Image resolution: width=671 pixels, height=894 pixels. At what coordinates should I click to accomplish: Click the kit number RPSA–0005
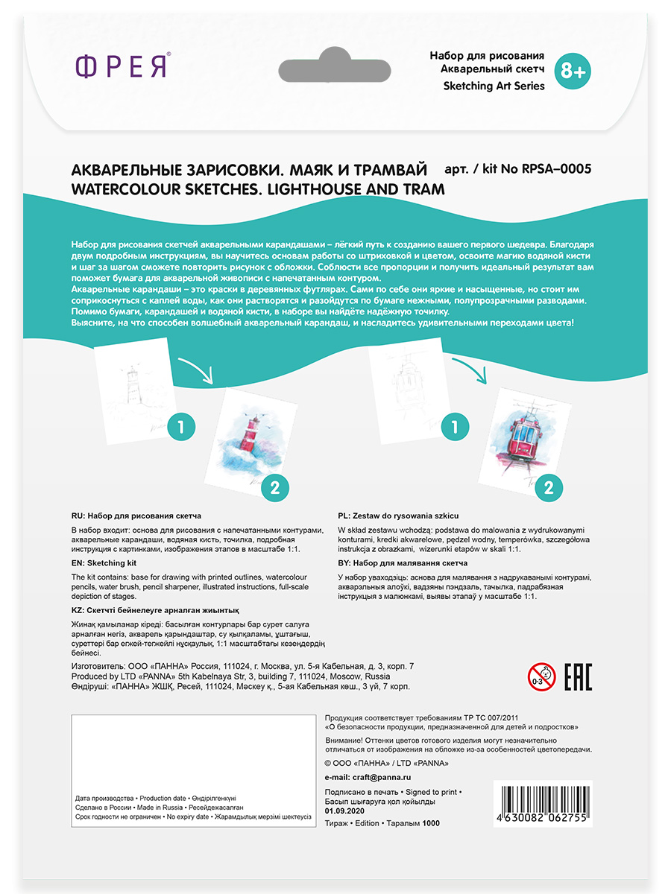click(554, 169)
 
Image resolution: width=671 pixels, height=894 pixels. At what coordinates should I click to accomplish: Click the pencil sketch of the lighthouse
click(130, 392)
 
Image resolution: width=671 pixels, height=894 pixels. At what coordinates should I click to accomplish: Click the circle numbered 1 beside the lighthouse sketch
click(181, 428)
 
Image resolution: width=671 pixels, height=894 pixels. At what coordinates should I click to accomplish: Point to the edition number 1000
click(431, 823)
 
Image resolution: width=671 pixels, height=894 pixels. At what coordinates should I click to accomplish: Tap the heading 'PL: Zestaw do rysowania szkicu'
click(398, 515)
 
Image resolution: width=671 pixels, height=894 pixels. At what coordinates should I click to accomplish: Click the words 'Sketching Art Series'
click(494, 86)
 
